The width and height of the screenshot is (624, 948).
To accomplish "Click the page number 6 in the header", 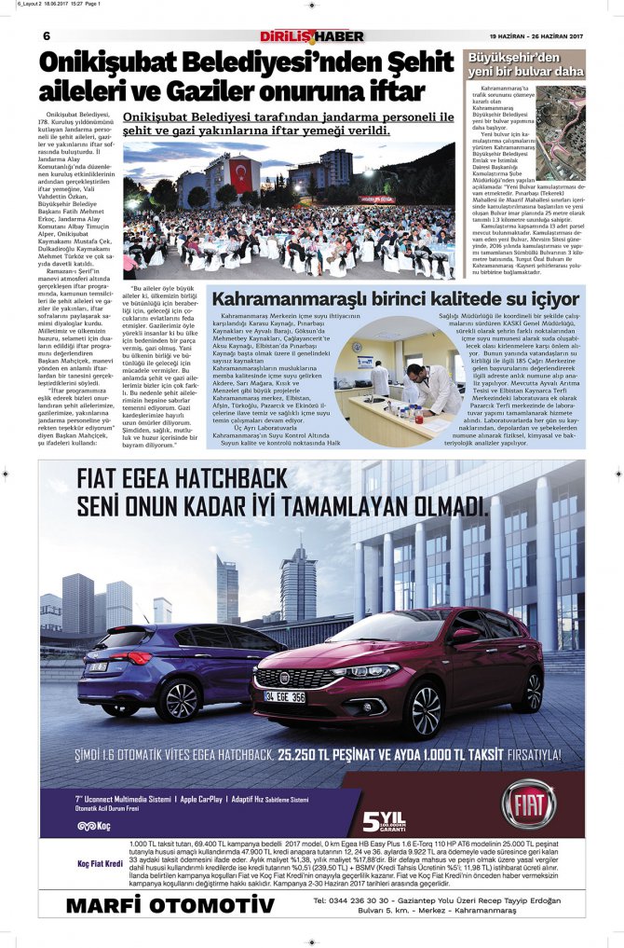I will click(46, 35).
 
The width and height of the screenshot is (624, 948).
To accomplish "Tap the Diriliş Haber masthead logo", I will click(311, 36).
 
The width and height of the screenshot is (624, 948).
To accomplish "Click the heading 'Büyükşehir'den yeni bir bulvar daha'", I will click(525, 64).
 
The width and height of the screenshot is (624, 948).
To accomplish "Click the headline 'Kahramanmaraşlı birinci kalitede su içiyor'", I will click(396, 299).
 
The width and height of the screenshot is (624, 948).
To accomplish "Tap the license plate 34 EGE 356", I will click(284, 696).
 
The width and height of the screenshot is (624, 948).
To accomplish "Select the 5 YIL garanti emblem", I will click(384, 821).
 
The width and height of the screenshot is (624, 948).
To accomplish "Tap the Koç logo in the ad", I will click(94, 825).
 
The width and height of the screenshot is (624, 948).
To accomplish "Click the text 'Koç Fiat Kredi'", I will click(100, 863).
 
